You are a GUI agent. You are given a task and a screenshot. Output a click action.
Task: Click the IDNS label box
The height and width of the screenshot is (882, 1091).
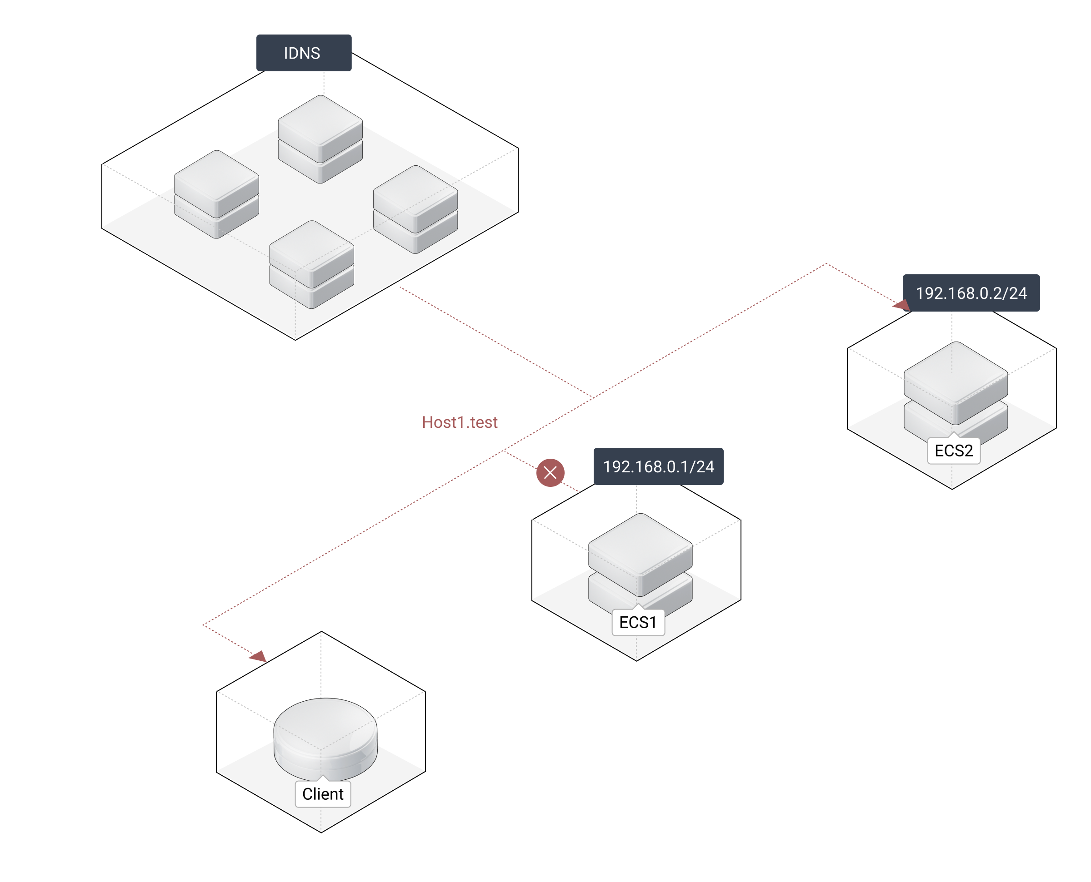click(x=304, y=53)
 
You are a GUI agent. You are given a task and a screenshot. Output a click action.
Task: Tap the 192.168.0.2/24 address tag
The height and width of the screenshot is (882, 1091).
click(x=971, y=293)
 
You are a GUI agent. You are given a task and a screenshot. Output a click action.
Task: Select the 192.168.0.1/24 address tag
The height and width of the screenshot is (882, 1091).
click(x=658, y=466)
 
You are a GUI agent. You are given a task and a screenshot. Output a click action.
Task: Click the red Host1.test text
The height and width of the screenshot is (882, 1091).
click(x=460, y=422)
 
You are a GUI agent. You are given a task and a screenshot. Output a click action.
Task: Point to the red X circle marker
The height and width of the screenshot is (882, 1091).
click(x=550, y=473)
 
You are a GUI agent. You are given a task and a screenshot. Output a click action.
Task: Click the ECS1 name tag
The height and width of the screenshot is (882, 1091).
click(x=638, y=622)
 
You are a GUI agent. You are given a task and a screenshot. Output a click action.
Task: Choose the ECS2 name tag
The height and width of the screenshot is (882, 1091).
click(x=954, y=451)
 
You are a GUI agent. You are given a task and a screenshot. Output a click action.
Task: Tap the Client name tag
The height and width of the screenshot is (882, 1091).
click(x=323, y=794)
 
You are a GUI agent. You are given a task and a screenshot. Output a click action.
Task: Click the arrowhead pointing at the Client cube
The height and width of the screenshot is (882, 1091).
click(x=259, y=656)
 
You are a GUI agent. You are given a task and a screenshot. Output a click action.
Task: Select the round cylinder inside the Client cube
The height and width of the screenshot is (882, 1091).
click(x=325, y=737)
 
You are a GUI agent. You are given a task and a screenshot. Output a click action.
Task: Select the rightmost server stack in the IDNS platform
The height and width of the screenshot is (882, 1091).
click(x=415, y=209)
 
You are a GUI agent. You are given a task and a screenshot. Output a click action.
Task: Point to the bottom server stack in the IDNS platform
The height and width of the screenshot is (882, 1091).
click(x=312, y=264)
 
